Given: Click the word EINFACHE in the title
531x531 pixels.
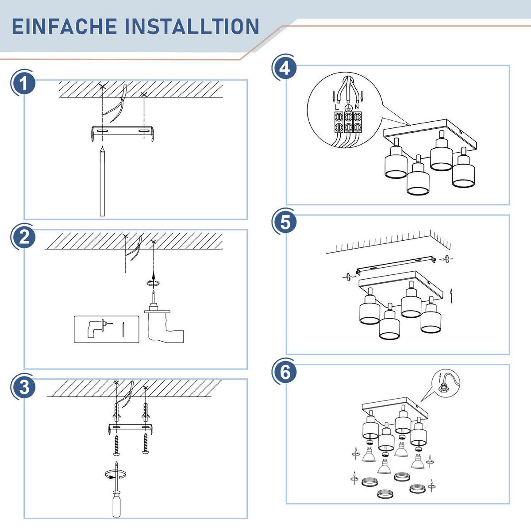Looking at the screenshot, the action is tap(64, 27).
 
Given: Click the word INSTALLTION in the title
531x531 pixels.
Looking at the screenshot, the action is tap(192, 27).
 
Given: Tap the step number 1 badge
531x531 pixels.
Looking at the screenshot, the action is tap(24, 83).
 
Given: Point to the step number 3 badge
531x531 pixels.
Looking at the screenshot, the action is tap(24, 387).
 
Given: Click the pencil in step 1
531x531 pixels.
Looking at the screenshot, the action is tap(102, 181).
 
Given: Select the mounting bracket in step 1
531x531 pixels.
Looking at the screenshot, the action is tap(122, 133).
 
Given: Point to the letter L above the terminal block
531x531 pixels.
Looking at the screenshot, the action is tap(337, 107).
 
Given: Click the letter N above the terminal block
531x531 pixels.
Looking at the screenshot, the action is tap(357, 107).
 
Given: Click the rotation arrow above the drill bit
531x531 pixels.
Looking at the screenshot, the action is tap(153, 283).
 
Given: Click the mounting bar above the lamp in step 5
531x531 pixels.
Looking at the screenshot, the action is tap(396, 265).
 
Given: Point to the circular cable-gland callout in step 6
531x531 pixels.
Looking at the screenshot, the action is tap(446, 383).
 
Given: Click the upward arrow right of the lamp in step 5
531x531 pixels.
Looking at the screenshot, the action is tap(451, 296).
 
